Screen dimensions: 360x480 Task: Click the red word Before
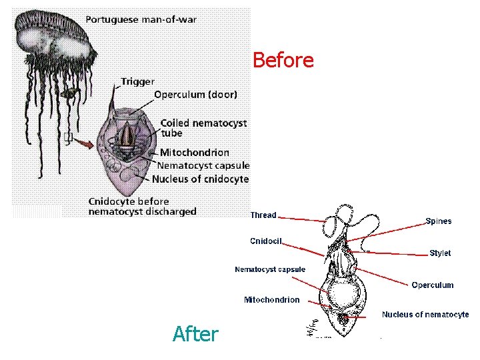click(283, 61)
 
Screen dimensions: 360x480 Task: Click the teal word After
click(195, 333)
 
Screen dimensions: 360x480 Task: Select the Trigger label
click(137, 82)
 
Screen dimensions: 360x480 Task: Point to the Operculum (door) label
click(195, 95)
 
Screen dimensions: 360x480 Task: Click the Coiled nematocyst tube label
click(203, 127)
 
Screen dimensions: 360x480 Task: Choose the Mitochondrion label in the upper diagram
click(194, 153)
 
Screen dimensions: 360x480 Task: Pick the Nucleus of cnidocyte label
click(200, 179)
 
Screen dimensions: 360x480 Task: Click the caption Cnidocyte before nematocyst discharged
click(142, 206)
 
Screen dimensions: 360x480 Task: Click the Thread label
click(263, 215)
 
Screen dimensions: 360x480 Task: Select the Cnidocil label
click(266, 241)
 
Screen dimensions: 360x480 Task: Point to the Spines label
click(438, 221)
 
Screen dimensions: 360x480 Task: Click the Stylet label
click(440, 253)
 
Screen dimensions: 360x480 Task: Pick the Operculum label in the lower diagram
click(432, 285)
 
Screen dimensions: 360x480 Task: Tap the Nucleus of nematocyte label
click(425, 315)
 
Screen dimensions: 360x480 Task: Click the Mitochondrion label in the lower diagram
click(271, 300)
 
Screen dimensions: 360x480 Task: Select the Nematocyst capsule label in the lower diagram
click(269, 269)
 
